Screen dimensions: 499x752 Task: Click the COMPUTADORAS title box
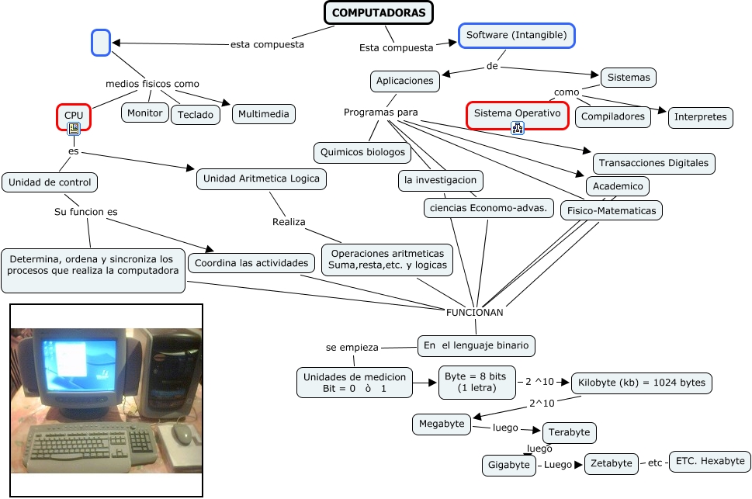(378, 13)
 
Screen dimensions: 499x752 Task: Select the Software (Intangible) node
(516, 36)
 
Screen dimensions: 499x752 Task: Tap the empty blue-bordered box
(101, 43)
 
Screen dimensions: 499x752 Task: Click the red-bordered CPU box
(74, 116)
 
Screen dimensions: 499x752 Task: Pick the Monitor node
(145, 113)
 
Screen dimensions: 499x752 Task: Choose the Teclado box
(195, 115)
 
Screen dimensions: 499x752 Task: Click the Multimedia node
(264, 114)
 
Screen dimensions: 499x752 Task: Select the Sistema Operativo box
(517, 113)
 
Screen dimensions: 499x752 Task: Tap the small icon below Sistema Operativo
(517, 128)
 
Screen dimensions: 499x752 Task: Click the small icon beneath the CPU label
(74, 130)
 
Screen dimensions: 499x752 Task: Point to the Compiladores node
(614, 116)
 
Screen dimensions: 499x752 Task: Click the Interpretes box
(700, 117)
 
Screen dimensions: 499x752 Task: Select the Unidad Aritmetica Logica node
(261, 179)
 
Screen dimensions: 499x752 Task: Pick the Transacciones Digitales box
(653, 164)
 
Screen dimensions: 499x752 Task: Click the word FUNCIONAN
(474, 313)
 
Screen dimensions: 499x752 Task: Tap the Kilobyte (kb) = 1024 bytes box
(641, 383)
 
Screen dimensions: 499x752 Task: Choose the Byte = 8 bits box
(475, 382)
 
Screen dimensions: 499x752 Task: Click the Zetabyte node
(611, 463)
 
